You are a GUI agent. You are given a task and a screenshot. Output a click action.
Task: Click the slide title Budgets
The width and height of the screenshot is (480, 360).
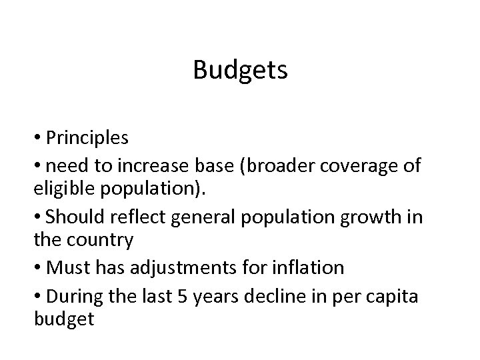tap(240, 69)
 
